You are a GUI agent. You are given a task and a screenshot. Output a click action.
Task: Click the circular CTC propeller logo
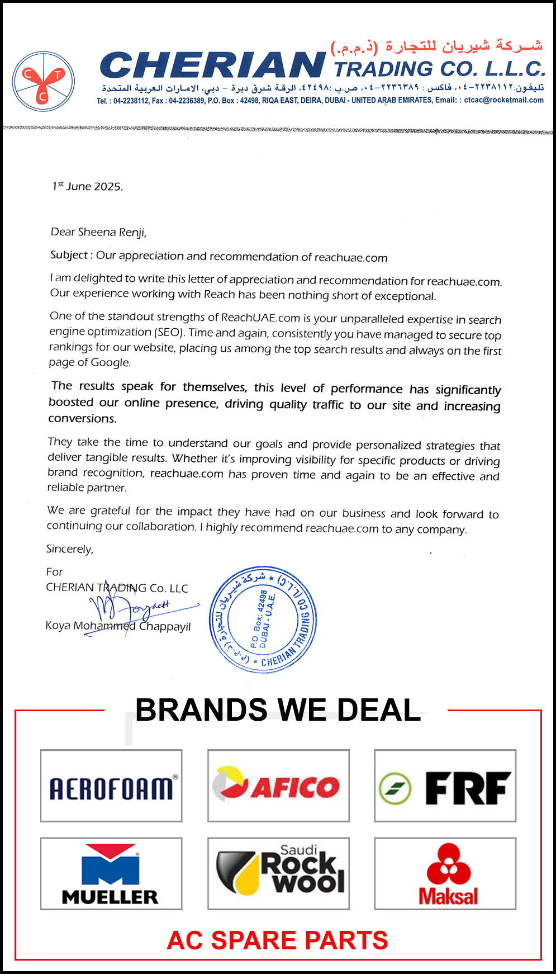point(44,82)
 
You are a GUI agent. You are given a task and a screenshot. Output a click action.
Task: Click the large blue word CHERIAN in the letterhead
point(212,66)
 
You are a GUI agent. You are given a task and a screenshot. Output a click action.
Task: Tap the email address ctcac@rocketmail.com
point(503,101)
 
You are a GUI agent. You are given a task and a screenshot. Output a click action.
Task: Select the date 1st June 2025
point(88,186)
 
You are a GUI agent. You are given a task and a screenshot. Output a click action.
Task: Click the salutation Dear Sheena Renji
point(98,232)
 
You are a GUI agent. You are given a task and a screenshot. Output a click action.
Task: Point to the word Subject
point(69,255)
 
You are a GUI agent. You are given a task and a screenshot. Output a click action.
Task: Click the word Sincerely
point(70,549)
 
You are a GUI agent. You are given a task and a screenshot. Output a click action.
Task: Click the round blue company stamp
point(263,619)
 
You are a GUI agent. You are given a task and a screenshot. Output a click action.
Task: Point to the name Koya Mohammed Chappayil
point(118,626)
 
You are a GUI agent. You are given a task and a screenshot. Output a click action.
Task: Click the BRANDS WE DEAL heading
point(278,710)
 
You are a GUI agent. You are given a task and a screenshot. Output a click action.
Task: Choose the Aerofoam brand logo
point(111,786)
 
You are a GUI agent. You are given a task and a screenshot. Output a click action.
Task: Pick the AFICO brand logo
point(278,786)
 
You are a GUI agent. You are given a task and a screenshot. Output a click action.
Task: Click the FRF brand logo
point(445,786)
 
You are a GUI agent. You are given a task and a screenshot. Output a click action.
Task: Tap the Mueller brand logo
point(111,873)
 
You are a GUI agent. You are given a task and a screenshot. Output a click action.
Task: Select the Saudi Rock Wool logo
point(278,873)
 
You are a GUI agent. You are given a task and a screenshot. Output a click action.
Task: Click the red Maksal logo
point(445,873)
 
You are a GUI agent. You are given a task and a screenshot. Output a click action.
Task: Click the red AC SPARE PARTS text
point(278,940)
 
